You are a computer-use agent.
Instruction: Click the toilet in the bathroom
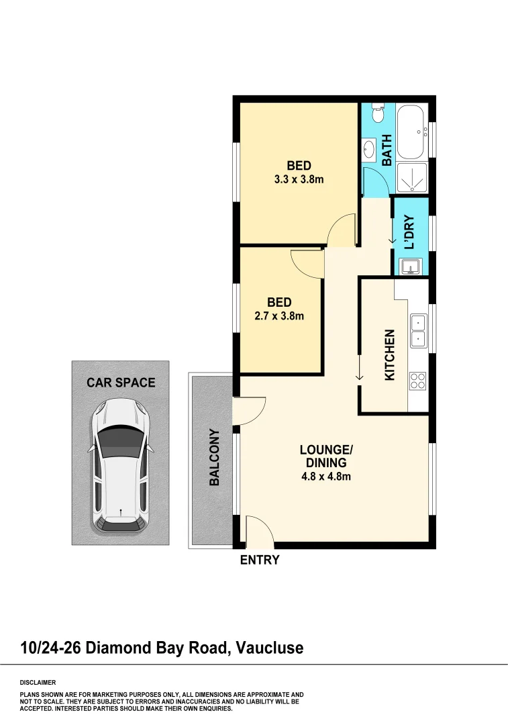pos(378,113)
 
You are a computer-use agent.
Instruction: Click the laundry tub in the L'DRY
pos(410,267)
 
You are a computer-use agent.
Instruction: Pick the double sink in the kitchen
pos(417,331)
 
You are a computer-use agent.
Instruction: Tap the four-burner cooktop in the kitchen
pos(417,381)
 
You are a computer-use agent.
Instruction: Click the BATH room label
pos(387,150)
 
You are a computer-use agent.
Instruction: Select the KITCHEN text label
pos(389,356)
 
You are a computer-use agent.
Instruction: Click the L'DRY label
pos(410,232)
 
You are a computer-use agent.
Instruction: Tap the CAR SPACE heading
pos(121,383)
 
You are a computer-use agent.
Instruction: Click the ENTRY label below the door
pos(260,560)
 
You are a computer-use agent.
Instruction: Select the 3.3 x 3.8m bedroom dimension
pos(299,180)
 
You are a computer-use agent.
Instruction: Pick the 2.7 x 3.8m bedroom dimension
pos(280,316)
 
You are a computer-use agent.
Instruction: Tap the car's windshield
pos(121,440)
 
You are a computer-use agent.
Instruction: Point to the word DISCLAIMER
pos(39,682)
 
